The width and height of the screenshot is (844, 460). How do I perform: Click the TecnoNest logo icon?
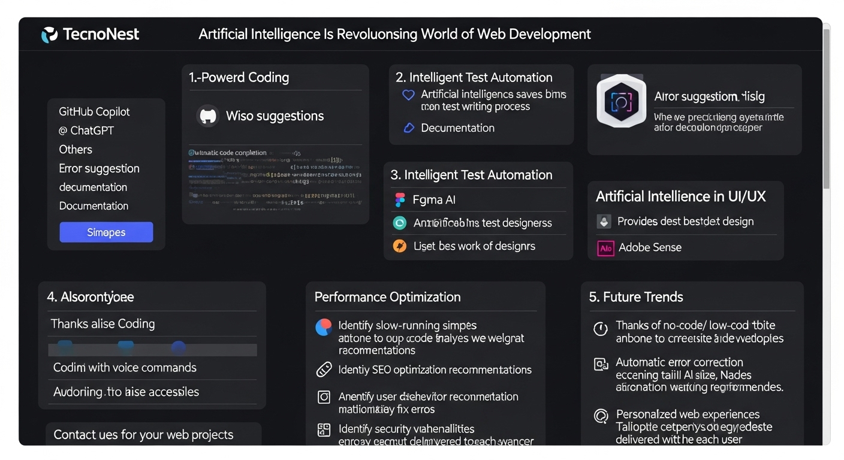click(x=50, y=35)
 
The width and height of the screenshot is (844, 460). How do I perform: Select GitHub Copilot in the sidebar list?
click(x=94, y=111)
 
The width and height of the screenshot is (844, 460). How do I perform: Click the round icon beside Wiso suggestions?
click(x=207, y=116)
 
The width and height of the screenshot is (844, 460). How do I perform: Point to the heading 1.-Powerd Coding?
click(x=239, y=78)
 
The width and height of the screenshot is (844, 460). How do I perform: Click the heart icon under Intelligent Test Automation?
click(x=408, y=95)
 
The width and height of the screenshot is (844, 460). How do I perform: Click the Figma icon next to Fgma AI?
click(x=399, y=200)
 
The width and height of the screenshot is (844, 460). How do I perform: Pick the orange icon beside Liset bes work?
click(x=399, y=246)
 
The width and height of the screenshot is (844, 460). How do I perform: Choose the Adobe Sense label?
click(x=650, y=247)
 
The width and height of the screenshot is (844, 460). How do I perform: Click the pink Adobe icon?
click(x=605, y=248)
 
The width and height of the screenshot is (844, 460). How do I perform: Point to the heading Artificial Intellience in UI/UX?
click(x=680, y=196)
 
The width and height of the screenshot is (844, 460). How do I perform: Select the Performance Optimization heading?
click(x=387, y=297)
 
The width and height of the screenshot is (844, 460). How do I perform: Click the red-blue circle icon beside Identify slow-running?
click(x=324, y=327)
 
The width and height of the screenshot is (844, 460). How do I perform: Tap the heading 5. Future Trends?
click(x=635, y=297)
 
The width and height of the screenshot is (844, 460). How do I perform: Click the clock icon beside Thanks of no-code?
click(x=600, y=329)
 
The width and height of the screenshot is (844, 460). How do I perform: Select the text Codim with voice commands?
click(x=125, y=367)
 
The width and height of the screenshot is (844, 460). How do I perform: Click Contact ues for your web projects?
click(x=143, y=435)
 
